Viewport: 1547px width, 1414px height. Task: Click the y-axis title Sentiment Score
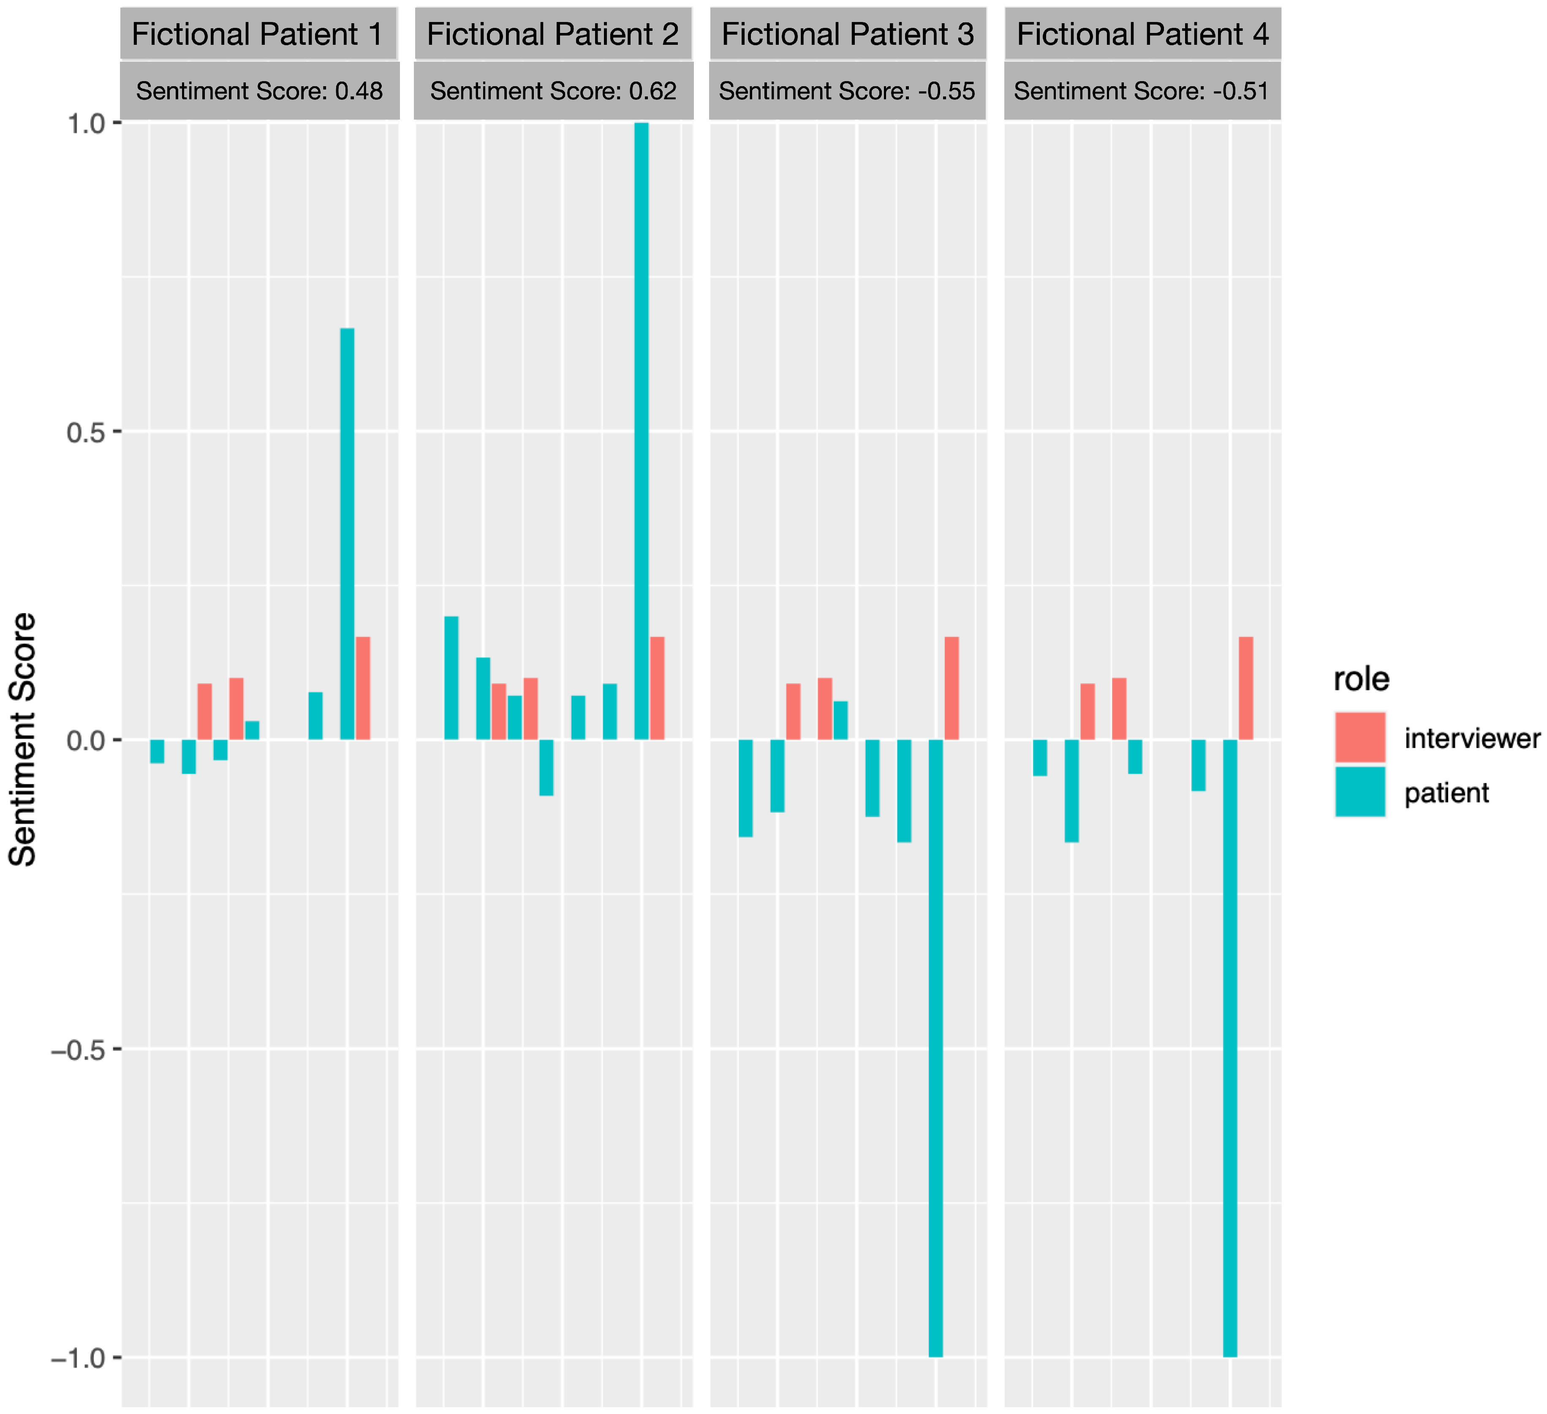23,740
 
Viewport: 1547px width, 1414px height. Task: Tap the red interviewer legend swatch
1360,737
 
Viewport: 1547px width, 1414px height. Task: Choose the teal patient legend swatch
1360,792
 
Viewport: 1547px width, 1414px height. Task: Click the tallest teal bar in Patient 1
347,533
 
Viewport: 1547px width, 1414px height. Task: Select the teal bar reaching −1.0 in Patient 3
935,1048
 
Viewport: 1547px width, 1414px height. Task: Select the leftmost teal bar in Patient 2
451,678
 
